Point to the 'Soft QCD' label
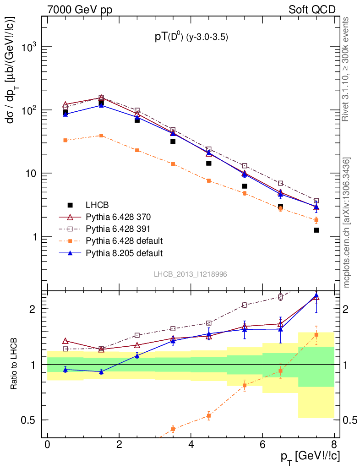312,9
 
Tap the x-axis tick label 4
191,445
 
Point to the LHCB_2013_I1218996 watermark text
190,274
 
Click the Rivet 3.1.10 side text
346,69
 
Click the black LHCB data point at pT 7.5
316,230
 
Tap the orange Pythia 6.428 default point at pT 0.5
65,140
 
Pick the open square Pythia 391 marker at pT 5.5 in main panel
245,166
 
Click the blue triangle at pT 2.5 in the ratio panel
137,355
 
